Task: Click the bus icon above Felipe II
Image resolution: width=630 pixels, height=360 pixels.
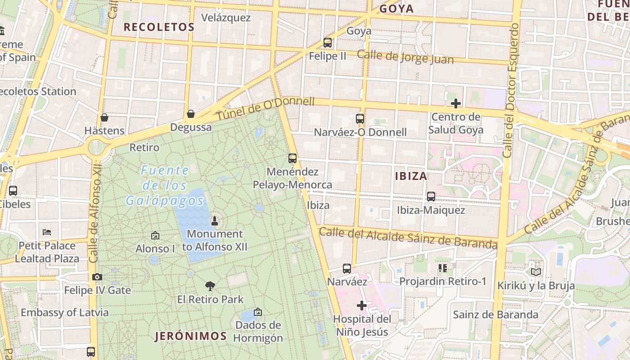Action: [328, 43]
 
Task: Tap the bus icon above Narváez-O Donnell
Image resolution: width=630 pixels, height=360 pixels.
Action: [360, 119]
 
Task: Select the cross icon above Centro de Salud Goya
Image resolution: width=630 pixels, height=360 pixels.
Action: [456, 103]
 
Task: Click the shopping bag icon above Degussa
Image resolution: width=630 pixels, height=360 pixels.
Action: [191, 113]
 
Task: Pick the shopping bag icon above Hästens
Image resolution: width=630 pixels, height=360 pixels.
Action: [104, 117]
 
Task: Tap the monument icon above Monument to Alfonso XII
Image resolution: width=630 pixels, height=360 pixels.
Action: [215, 220]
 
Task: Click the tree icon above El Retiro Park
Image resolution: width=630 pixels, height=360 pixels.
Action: [210, 286]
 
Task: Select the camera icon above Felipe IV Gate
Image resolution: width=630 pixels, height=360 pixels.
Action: [97, 277]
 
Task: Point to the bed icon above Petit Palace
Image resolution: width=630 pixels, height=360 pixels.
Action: [47, 232]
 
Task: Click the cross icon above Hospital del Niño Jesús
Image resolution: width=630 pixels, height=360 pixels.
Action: [361, 306]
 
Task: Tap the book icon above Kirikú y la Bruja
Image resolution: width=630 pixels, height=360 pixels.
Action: [535, 272]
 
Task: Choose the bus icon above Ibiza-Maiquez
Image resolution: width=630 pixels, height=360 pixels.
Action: [431, 197]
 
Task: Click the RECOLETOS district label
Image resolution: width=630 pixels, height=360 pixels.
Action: [159, 27]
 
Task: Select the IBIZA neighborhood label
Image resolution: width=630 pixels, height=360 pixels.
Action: [411, 176]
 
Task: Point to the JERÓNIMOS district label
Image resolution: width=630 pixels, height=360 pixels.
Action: [191, 336]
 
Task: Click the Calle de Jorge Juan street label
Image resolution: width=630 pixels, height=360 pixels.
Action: [405, 57]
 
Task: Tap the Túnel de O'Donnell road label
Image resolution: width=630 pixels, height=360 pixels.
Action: [265, 108]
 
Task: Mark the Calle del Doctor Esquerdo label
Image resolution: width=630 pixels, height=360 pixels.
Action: [510, 90]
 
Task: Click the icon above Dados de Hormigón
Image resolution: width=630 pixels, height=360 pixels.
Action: [258, 311]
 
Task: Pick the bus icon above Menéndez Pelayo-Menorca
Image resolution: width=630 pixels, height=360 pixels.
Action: [292, 158]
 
